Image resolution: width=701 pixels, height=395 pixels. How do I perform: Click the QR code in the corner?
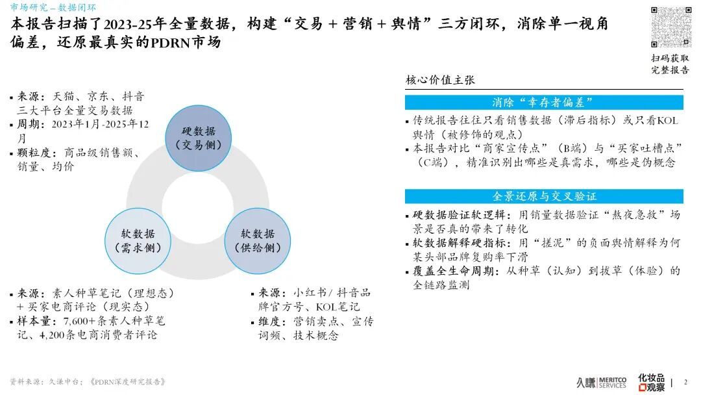[x=670, y=27]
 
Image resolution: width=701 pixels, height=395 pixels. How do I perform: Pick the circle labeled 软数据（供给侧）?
[x=258, y=240]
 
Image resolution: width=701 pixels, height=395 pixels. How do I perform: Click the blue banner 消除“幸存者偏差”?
[x=544, y=102]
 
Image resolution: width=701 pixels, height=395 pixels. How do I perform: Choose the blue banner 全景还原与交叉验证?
[x=544, y=196]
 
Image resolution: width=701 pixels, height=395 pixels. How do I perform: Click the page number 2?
[x=685, y=382]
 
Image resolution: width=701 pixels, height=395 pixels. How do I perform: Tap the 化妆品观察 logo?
[x=651, y=382]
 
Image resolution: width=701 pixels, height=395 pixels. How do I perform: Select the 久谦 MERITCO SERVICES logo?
[x=601, y=382]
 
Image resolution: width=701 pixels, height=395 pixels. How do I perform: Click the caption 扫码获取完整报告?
[x=670, y=64]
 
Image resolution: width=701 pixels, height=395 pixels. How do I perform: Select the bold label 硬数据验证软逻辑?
[x=454, y=215]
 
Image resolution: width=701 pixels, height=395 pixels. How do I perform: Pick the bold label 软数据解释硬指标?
[x=454, y=243]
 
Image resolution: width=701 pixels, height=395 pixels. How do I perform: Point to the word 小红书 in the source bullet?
[x=309, y=293]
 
